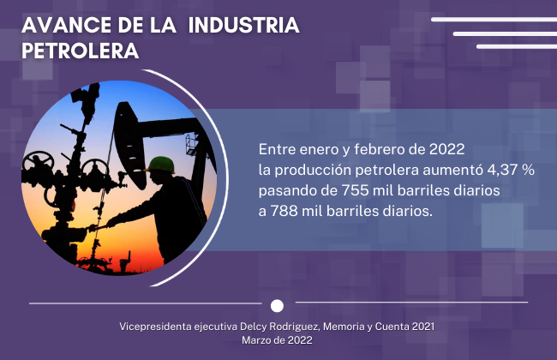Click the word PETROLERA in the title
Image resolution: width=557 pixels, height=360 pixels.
tap(81, 51)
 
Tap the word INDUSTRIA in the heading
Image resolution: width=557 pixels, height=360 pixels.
tap(243, 25)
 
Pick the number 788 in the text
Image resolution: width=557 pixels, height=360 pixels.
tap(284, 211)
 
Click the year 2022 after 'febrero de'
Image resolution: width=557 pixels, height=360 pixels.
tap(446, 149)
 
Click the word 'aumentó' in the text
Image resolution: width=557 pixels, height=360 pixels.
tap(453, 170)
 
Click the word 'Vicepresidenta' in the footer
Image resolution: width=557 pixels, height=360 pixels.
tap(155, 327)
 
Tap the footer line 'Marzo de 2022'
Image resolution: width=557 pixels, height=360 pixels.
tap(277, 340)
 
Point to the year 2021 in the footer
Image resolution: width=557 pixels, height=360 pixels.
tap(423, 327)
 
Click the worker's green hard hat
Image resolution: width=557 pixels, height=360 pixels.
tap(161, 165)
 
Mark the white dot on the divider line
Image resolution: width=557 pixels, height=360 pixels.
tap(277, 306)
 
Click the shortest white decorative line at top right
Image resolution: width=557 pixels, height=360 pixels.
tap(517, 46)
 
